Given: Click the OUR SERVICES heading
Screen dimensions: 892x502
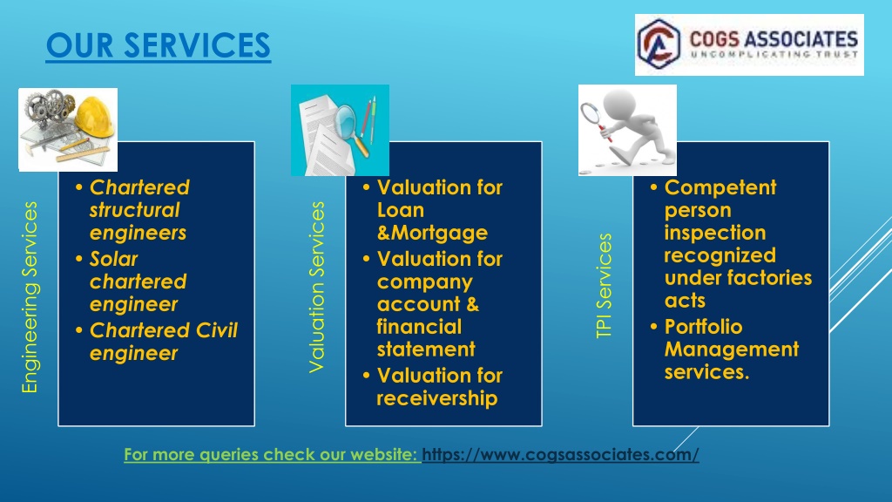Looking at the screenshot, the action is (x=159, y=45).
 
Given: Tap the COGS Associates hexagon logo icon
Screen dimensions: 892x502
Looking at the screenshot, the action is (x=659, y=44).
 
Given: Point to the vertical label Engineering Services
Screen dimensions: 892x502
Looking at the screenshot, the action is (x=30, y=297).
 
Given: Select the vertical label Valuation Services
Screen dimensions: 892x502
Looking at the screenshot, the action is (x=316, y=287).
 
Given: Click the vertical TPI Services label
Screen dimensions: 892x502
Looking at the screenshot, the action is (x=604, y=286).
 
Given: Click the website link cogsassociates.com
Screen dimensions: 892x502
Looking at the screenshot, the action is (x=560, y=454).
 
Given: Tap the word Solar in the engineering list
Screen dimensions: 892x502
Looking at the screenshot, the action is (x=114, y=259).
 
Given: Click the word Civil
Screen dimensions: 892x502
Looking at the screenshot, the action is (x=217, y=330).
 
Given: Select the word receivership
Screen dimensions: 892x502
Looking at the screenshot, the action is (x=437, y=398).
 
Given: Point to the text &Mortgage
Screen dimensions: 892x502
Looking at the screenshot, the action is (x=432, y=233).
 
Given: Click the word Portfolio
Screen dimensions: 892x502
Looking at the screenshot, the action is (x=703, y=327).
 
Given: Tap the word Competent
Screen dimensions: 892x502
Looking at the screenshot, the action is (x=720, y=187).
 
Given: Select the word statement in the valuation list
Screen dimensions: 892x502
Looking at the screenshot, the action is (x=426, y=349).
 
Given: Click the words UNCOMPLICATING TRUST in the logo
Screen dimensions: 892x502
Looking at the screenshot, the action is (x=774, y=55).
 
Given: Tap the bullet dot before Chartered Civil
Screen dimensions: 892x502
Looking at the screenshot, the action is (x=79, y=330).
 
